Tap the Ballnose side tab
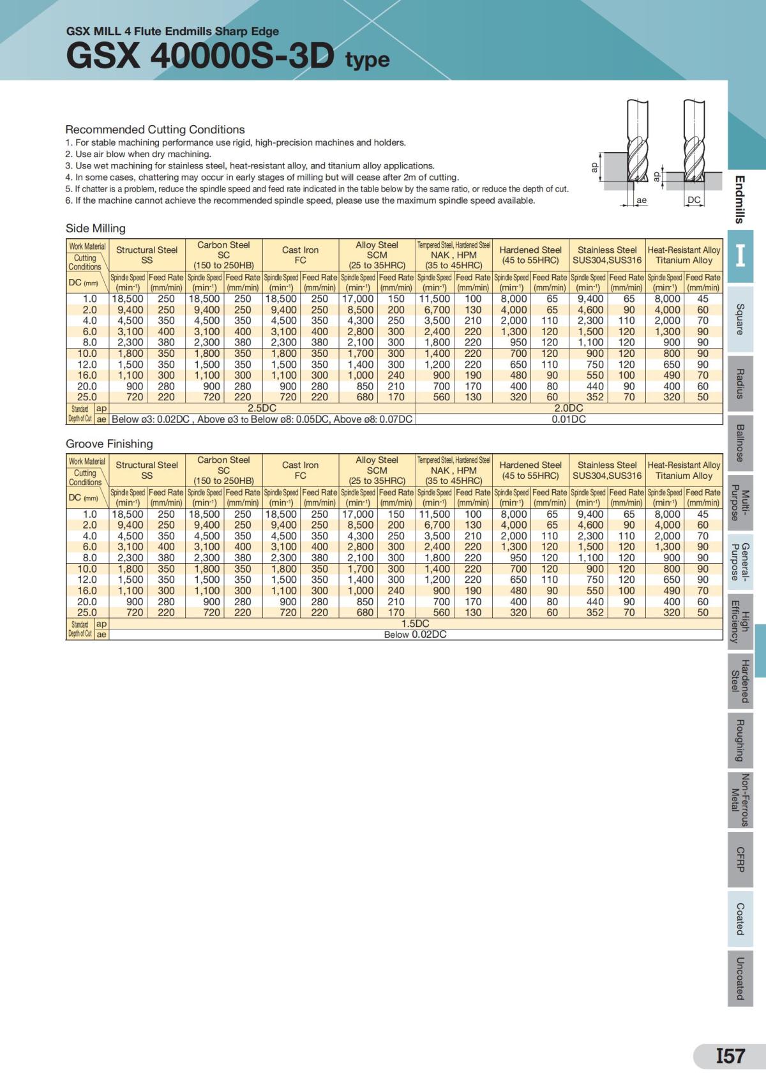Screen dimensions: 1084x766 pos(740,443)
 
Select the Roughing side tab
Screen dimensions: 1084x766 pos(740,740)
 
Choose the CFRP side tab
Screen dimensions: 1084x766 pos(740,859)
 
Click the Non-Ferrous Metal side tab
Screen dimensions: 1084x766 pos(740,800)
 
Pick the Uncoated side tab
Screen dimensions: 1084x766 pos(740,978)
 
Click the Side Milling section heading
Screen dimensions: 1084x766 pos(96,229)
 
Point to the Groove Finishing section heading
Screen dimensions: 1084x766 pos(109,444)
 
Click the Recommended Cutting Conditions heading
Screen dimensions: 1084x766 pos(155,130)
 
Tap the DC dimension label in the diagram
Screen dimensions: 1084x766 pos(693,200)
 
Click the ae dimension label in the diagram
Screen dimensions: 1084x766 pos(642,200)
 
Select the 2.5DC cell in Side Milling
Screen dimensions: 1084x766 pos(262,408)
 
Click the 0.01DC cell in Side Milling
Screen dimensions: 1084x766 pos(569,419)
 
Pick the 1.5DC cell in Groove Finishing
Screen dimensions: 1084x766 pos(415,624)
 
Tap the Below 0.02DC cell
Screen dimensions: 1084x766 pos(415,635)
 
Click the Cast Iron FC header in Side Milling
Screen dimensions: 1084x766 pos(300,255)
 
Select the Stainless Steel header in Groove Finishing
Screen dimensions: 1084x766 pos(607,470)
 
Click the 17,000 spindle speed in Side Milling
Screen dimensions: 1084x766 pos(358,299)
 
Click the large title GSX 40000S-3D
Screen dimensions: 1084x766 pos(200,56)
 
